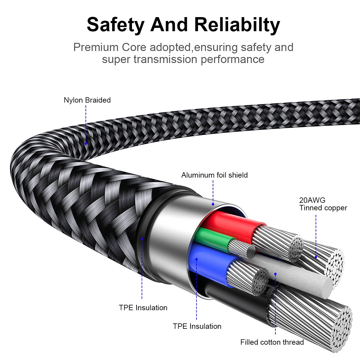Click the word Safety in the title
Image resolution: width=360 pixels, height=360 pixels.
click(115, 25)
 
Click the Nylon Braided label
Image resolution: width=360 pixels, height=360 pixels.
click(87, 100)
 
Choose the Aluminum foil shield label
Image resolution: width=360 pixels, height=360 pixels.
click(214, 175)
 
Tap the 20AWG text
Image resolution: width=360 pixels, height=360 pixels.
click(312, 200)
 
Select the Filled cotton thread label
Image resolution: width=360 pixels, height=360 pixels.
click(272, 342)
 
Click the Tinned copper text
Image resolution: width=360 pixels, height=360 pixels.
click(323, 208)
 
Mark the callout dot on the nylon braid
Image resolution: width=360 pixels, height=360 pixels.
click(86, 144)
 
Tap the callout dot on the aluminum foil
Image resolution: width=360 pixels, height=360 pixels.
click(213, 204)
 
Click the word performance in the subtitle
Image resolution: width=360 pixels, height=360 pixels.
click(232, 59)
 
